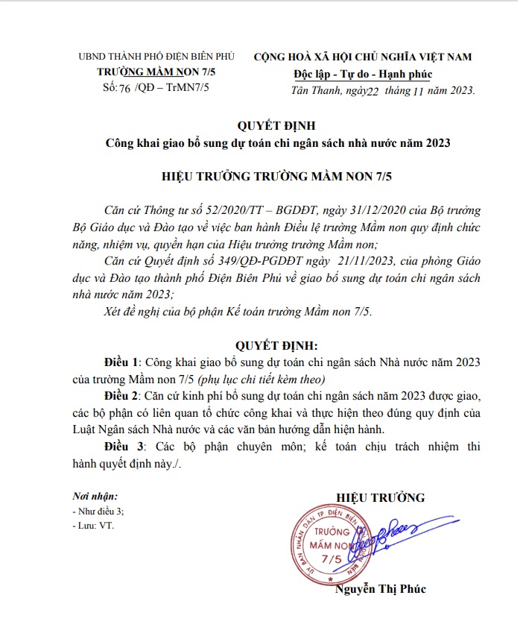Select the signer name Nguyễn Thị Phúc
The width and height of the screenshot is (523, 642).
pyautogui.click(x=381, y=589)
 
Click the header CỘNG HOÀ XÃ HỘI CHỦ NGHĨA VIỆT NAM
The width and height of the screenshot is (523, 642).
pyautogui.click(x=363, y=57)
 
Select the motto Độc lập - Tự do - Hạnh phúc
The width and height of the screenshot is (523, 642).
pyautogui.click(x=363, y=73)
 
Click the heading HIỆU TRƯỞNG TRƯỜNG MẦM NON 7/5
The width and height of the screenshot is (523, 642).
pyautogui.click(x=267, y=177)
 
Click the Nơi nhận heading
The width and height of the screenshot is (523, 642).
pyautogui.click(x=95, y=496)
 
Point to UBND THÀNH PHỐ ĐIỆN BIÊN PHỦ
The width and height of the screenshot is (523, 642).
pyautogui.click(x=156, y=57)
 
